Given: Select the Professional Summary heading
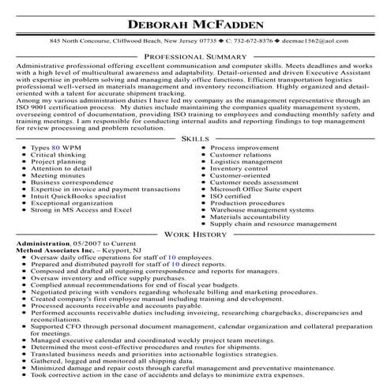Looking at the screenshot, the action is tap(195, 58).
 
